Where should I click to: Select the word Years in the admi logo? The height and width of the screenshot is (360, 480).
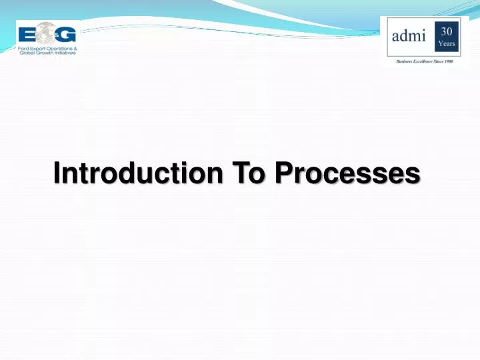tap(447, 44)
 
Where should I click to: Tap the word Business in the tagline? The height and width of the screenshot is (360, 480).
tap(405, 60)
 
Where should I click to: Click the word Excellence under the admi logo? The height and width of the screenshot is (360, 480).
tap(427, 60)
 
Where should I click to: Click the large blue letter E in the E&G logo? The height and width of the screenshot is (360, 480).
tap(26, 34)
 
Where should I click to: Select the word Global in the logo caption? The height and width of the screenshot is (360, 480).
tap(27, 53)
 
